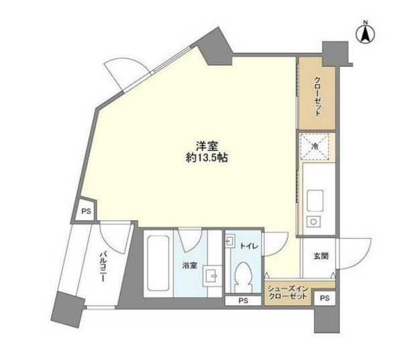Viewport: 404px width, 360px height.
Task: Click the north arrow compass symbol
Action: point(365,34)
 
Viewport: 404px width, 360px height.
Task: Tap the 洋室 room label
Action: point(207,146)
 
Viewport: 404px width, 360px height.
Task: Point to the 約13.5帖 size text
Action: point(207,158)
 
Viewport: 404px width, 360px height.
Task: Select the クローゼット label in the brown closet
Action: point(317,97)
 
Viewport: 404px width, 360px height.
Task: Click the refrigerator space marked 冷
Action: point(315,147)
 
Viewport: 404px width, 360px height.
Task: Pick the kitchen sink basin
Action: point(315,200)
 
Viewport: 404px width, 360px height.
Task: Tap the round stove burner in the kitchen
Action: point(313,222)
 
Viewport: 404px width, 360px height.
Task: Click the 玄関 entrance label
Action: point(321,256)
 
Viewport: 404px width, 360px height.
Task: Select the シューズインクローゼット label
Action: point(288,292)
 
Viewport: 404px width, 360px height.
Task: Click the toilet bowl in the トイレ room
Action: point(243,277)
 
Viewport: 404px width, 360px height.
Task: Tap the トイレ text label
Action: point(249,246)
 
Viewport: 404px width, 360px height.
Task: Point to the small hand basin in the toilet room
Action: point(230,241)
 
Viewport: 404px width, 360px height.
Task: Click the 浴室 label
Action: point(190,265)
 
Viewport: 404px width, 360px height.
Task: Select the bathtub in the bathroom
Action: point(158,263)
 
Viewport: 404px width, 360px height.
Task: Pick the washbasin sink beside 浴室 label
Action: point(212,276)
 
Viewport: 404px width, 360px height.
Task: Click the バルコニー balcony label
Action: point(103,267)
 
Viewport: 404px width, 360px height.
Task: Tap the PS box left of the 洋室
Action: point(87,211)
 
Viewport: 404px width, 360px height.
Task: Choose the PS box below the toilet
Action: point(243,300)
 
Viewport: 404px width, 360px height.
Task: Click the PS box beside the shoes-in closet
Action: point(325,298)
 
